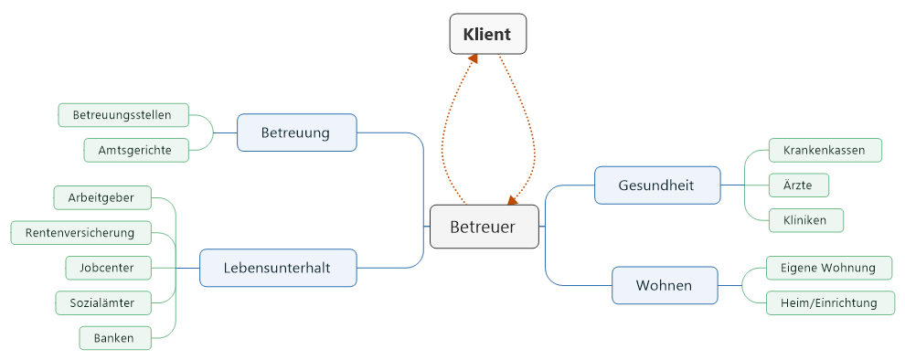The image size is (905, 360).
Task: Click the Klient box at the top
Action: (x=488, y=35)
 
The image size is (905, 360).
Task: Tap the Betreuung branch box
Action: (x=295, y=132)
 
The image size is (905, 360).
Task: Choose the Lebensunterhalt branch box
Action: (x=277, y=268)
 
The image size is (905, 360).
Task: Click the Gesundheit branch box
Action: (x=656, y=185)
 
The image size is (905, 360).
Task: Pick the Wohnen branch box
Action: (x=664, y=286)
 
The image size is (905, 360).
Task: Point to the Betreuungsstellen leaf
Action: (x=123, y=115)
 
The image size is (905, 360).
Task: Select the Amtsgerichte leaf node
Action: (x=136, y=150)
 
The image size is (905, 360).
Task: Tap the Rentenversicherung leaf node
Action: (x=80, y=233)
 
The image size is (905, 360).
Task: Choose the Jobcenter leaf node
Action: (x=107, y=268)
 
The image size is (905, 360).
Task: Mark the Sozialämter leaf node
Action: (x=101, y=302)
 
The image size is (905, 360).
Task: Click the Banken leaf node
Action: (x=113, y=338)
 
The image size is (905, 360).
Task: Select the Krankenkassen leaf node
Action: (x=817, y=150)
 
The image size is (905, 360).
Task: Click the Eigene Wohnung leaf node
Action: (x=815, y=268)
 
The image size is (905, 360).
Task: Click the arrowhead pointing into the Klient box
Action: (x=473, y=59)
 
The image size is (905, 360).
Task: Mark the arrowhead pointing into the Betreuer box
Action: (x=512, y=200)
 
